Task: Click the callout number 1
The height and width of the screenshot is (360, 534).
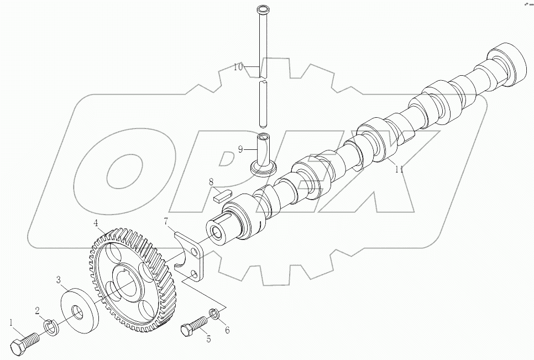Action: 11,321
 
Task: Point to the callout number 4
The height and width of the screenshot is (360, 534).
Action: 96,223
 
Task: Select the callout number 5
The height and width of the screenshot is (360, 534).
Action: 208,339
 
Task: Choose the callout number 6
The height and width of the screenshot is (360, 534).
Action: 227,331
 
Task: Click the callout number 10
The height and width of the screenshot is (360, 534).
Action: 238,67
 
